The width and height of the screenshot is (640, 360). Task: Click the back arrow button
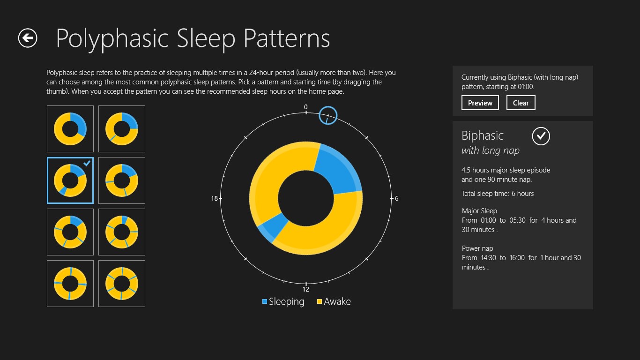[x=28, y=38]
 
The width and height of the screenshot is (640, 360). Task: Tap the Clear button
[x=521, y=103]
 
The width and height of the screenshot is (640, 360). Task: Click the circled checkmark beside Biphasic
[x=541, y=136]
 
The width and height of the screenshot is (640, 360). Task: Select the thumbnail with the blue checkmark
[x=70, y=180]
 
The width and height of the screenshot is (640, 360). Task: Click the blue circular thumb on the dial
[x=328, y=115]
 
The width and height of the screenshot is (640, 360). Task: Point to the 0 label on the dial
[x=306, y=107]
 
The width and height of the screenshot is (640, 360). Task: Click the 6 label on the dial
[x=396, y=198]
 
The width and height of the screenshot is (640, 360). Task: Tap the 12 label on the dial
[x=306, y=289]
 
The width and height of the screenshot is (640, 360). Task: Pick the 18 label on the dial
[x=214, y=198]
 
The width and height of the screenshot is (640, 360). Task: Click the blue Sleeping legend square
[x=265, y=301]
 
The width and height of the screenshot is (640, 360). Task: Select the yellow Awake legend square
[x=320, y=301]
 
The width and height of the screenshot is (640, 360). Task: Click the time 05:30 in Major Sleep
[x=517, y=220]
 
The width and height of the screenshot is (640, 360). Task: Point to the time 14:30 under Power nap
[x=488, y=258]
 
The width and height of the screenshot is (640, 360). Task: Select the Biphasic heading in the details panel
[x=483, y=136]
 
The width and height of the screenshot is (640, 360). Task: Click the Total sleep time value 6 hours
[x=522, y=194]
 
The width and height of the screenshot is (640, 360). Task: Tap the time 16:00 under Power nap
[x=517, y=258]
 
